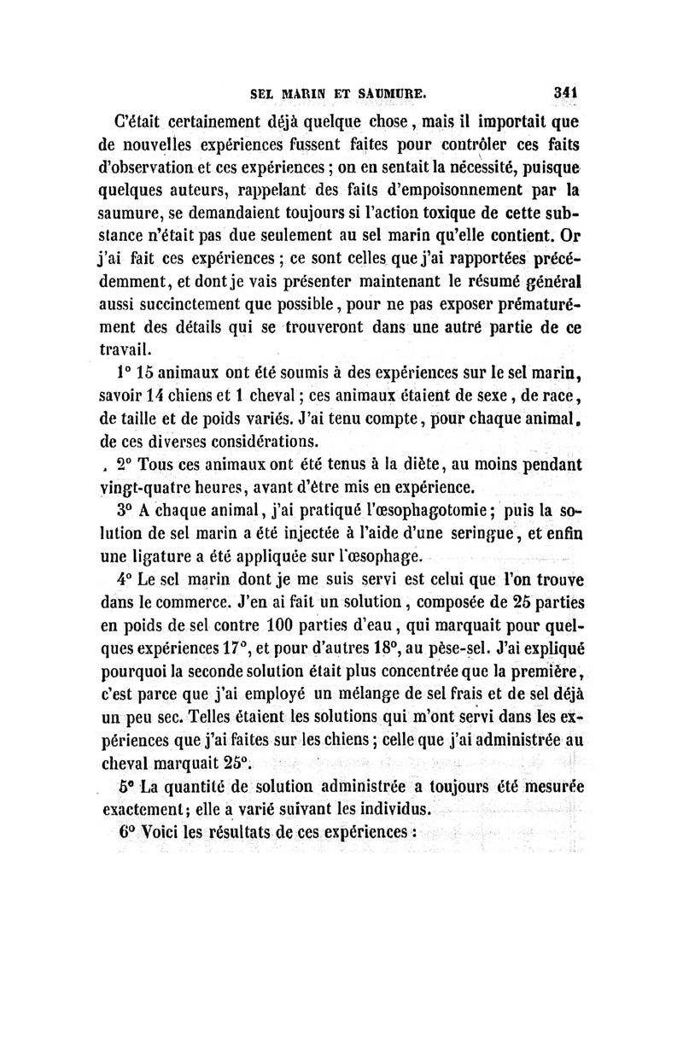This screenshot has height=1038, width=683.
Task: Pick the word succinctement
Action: (187, 303)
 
